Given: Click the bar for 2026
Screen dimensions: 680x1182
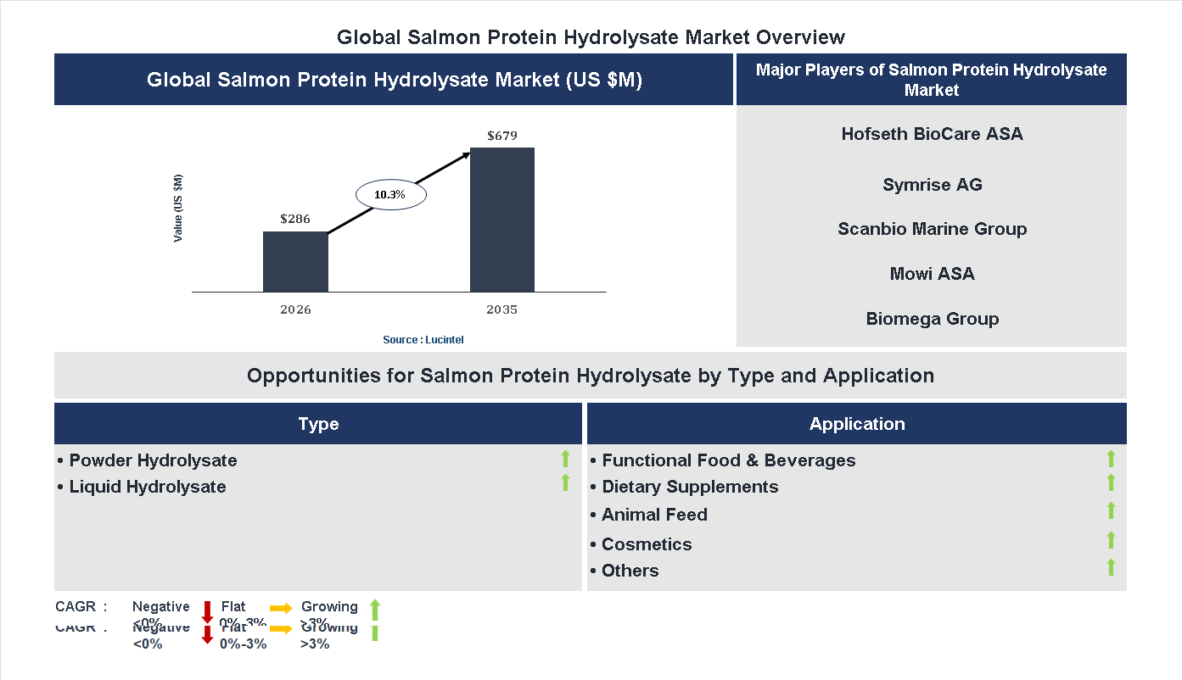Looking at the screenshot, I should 295,262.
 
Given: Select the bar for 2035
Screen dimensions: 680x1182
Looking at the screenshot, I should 502,220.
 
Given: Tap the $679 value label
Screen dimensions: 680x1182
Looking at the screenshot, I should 502,136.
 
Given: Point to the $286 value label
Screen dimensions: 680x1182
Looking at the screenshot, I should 295,219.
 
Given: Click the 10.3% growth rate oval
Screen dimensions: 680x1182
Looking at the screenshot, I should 389,195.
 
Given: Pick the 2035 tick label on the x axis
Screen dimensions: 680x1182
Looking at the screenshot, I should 501,309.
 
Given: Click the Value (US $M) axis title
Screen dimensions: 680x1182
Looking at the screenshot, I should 178,208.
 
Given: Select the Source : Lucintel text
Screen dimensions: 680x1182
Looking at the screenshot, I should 423,340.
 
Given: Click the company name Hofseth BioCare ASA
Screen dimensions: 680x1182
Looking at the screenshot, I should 932,134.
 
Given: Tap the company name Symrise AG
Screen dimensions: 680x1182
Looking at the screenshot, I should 932,185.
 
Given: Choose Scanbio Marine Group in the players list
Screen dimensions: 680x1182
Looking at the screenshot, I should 932,229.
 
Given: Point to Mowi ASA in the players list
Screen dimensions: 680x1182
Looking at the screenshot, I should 932,274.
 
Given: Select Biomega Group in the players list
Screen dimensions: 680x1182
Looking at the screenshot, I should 932,319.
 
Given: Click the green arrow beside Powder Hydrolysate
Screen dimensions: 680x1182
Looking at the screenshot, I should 565,460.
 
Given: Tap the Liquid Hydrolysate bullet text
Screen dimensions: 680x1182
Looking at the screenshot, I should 148,487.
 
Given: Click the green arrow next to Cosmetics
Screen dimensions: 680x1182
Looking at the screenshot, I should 1111,541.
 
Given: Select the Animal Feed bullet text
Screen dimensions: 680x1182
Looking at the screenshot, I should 654,515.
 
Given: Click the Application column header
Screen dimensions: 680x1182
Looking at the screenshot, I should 857,424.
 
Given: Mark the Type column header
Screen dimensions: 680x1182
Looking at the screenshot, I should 318,424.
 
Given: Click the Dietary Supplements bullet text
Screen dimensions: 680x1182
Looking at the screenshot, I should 690,487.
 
